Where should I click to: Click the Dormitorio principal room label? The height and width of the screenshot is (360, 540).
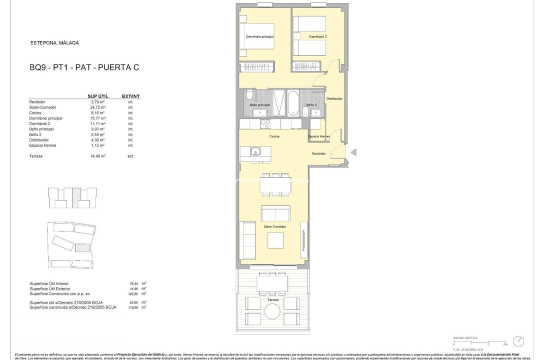[259, 36]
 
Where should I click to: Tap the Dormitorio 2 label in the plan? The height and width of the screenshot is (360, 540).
[317, 36]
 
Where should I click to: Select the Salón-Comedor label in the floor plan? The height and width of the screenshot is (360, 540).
[274, 226]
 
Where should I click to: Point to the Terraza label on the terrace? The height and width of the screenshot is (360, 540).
[272, 300]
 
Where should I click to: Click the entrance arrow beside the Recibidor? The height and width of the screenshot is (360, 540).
[353, 152]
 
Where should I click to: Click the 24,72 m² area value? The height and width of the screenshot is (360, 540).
[97, 107]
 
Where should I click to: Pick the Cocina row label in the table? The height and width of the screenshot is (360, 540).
[36, 113]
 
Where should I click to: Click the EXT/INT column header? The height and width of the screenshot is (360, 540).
[130, 96]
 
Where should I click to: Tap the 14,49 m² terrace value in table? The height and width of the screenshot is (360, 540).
[97, 156]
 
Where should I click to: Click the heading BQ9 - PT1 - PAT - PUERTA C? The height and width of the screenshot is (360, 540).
[84, 67]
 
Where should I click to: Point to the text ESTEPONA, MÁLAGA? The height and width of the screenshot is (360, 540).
[54, 43]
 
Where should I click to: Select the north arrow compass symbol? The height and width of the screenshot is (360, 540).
[518, 340]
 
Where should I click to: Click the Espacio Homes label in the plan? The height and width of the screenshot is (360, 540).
[318, 136]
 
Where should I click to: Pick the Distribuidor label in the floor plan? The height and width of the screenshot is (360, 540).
[334, 99]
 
